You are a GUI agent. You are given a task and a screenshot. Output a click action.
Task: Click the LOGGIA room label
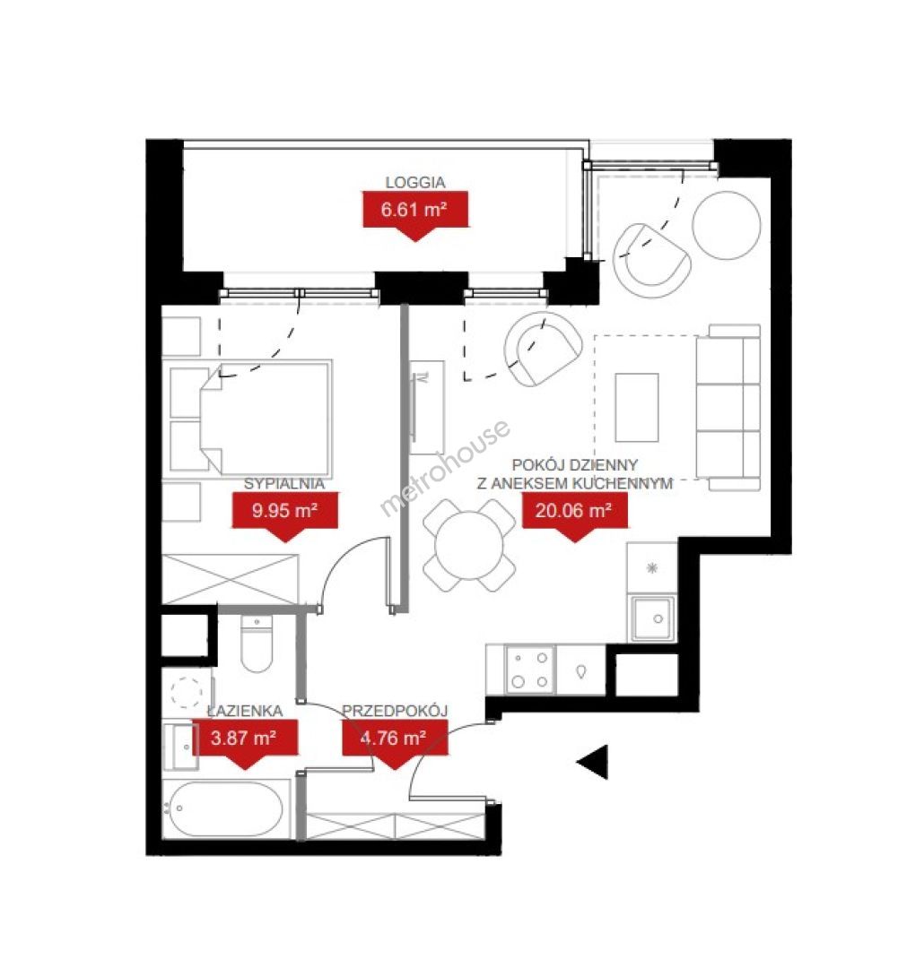[x=414, y=182]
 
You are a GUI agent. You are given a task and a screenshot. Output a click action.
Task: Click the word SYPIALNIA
[x=284, y=484]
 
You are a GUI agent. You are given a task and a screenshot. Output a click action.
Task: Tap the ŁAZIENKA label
[x=246, y=711]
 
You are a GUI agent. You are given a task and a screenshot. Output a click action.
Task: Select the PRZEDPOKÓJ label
[x=395, y=711]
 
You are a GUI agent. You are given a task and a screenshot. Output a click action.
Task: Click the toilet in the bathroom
[x=257, y=644]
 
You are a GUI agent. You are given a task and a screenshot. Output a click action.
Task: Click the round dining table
[x=469, y=545]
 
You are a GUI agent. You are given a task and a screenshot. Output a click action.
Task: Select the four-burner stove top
[x=530, y=670]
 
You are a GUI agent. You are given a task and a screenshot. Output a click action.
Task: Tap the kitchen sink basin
[x=652, y=618]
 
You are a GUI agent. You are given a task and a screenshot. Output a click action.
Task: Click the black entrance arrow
[x=593, y=762]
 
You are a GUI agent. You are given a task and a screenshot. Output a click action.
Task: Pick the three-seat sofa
[x=728, y=408]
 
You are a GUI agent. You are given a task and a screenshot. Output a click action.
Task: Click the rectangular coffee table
[x=637, y=408]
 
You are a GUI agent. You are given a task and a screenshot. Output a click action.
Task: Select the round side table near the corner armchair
[x=726, y=225]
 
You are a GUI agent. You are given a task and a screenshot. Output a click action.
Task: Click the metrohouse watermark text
[x=445, y=468]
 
